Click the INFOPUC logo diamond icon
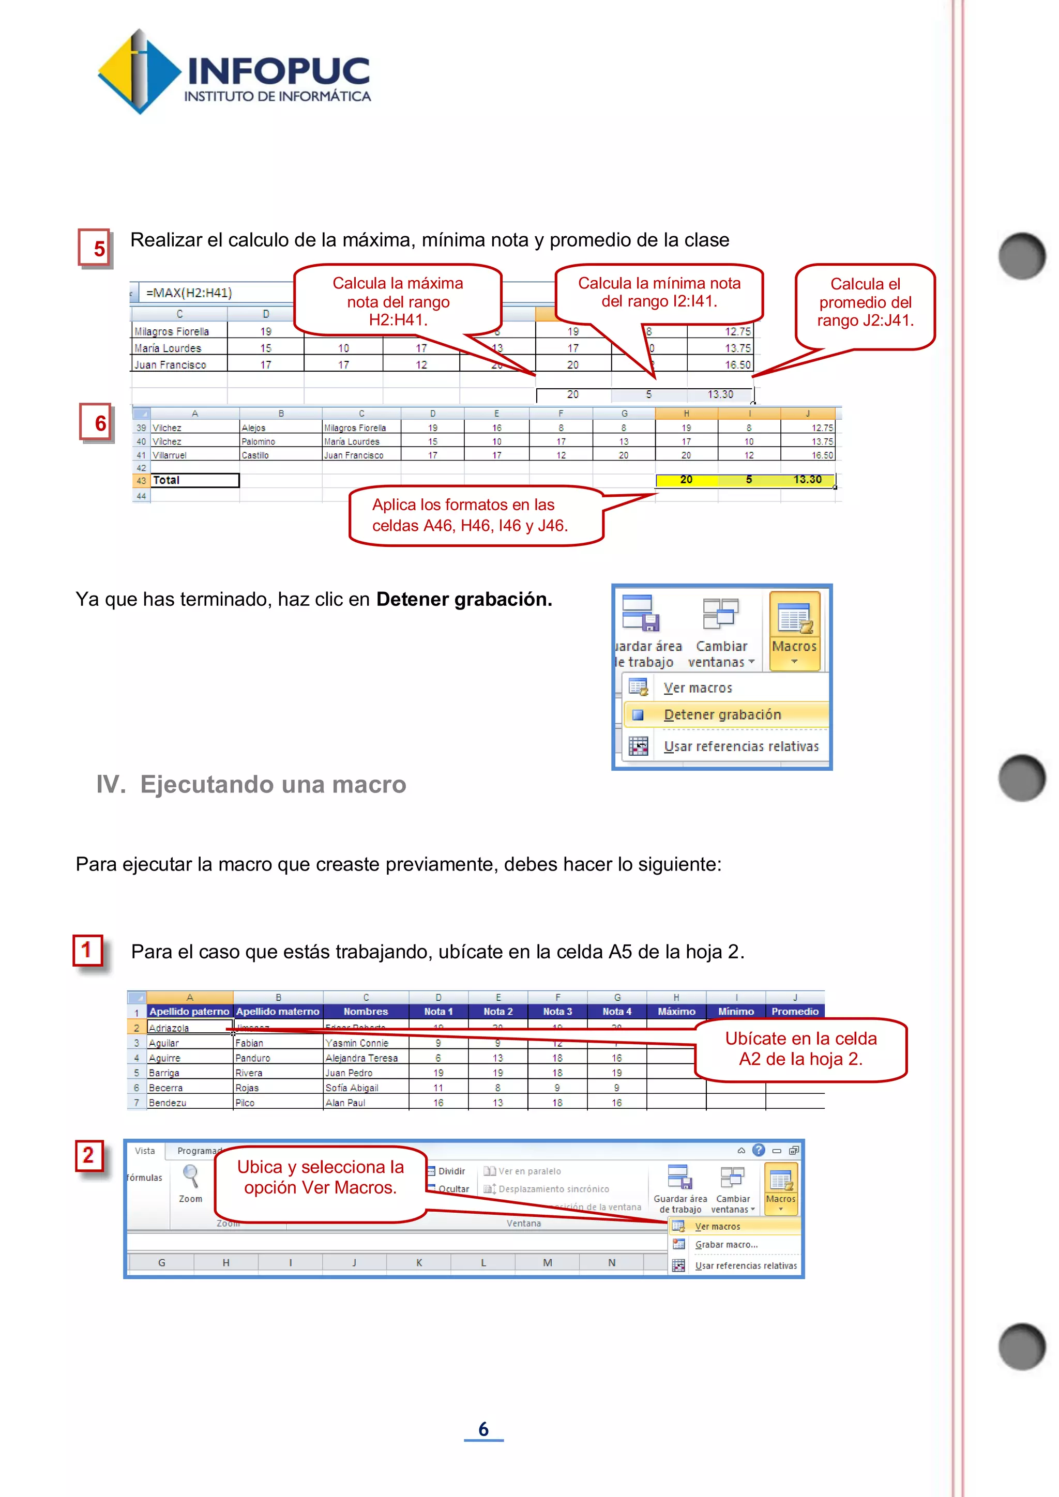click(x=139, y=72)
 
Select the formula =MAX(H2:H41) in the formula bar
click(x=189, y=293)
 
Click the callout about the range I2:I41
click(x=659, y=293)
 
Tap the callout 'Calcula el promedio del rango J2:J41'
click(x=865, y=302)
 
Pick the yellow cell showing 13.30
click(x=807, y=480)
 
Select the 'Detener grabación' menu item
click(x=722, y=714)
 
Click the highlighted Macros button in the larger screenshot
click(x=794, y=630)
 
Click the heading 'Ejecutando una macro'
click(x=273, y=784)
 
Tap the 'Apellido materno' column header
click(x=278, y=1011)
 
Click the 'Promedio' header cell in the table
click(x=794, y=1011)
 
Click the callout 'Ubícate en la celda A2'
click(x=801, y=1048)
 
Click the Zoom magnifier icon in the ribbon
click(x=190, y=1177)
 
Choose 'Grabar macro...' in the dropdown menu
click(x=726, y=1245)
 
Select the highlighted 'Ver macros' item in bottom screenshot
click(x=717, y=1227)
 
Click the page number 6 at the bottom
click(x=483, y=1429)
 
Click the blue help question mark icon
click(x=759, y=1150)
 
